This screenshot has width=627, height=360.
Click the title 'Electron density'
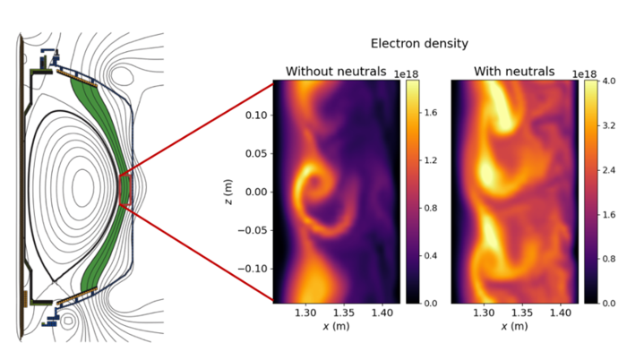click(x=419, y=43)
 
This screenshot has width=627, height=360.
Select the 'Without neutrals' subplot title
click(x=336, y=71)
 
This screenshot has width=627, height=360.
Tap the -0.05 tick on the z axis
click(x=254, y=230)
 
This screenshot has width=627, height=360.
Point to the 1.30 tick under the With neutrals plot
click(x=485, y=314)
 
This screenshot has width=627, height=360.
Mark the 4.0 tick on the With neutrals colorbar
click(x=610, y=81)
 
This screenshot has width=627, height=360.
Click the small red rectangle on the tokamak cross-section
click(x=125, y=189)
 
